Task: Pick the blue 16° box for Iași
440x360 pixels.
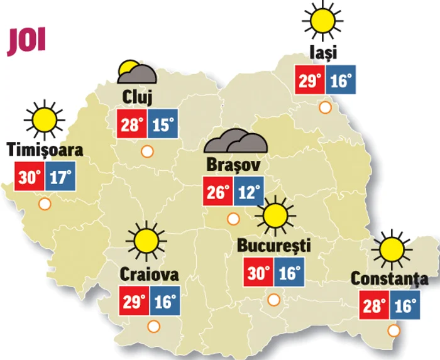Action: coord(341,80)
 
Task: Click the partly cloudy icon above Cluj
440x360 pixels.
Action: coord(136,73)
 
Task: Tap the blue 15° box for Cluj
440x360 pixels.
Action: coord(163,124)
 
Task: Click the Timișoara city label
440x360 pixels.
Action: coord(45,149)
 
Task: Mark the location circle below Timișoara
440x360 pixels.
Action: coord(45,204)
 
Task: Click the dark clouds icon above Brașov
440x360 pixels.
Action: coord(237,142)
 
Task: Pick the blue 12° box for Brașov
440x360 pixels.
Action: coord(248,192)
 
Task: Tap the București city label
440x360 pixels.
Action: coord(275,246)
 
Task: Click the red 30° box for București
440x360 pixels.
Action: coord(258,273)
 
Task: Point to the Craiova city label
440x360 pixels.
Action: coord(149,275)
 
